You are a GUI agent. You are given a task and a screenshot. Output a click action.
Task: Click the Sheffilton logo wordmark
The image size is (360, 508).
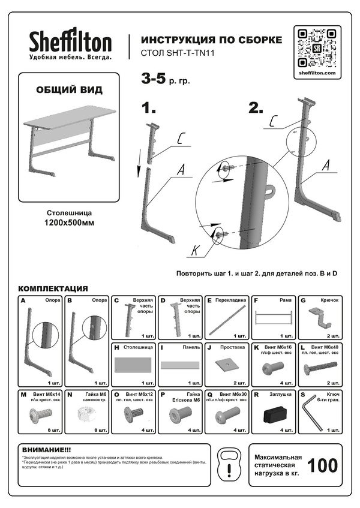(70, 41)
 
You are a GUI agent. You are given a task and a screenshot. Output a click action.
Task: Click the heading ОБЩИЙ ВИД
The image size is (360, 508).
(69, 90)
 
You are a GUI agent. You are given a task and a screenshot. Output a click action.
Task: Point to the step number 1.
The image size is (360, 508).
(148, 108)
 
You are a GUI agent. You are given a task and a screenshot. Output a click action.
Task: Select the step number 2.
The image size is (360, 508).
(256, 108)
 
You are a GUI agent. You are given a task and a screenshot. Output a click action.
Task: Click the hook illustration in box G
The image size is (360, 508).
(320, 316)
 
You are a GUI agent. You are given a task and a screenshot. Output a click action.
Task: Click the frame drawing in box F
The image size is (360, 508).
(274, 317)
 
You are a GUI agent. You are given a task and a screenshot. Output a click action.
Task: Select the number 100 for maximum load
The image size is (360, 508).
(321, 465)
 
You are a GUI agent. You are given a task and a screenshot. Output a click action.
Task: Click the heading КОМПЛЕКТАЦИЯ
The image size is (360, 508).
(53, 288)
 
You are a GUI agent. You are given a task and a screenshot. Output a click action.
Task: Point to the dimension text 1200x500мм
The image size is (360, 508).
(69, 223)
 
